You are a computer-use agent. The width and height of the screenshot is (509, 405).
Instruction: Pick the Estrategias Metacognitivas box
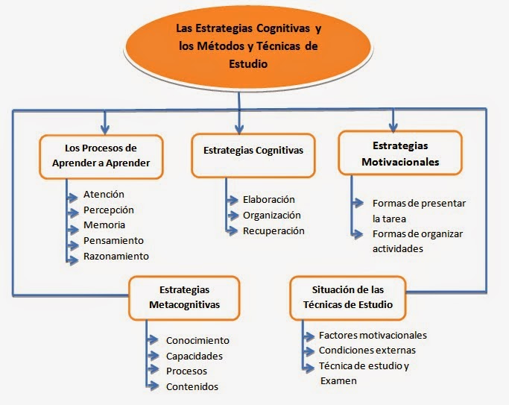pyautogui.click(x=184, y=297)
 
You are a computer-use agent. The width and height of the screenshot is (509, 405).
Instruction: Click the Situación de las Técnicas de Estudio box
pyautogui.click(x=348, y=297)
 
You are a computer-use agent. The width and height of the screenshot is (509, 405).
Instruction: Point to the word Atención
pyautogui.click(x=104, y=195)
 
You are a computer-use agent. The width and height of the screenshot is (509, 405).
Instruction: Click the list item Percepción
pyautogui.click(x=109, y=210)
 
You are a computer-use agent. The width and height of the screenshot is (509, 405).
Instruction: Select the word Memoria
pyautogui.click(x=104, y=225)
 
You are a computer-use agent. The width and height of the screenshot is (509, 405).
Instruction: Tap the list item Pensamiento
pyautogui.click(x=113, y=240)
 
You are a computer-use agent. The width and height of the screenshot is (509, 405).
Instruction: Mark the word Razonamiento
pyautogui.click(x=116, y=256)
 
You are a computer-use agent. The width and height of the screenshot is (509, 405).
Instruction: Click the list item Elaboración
pyautogui.click(x=269, y=200)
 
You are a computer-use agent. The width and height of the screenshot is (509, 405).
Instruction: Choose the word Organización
pyautogui.click(x=272, y=215)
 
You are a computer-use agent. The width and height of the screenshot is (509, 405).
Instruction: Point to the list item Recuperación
pyautogui.click(x=274, y=230)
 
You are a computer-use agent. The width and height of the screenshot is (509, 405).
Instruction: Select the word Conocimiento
pyautogui.click(x=197, y=340)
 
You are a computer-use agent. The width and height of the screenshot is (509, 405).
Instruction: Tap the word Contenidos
pyautogui.click(x=192, y=386)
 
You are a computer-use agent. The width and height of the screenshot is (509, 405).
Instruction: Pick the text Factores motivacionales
pyautogui.click(x=373, y=335)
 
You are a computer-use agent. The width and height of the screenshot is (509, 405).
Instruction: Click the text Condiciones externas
pyautogui.click(x=367, y=350)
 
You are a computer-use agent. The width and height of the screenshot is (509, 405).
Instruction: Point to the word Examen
pyautogui.click(x=338, y=380)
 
